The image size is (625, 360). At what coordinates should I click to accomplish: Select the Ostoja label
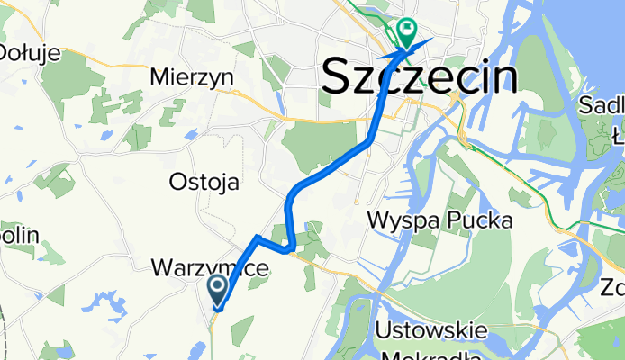click(204, 182)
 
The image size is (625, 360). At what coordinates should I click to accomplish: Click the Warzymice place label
click(210, 268)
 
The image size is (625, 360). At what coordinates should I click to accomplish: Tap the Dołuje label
click(30, 52)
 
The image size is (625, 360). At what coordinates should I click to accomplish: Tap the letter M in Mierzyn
click(162, 77)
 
